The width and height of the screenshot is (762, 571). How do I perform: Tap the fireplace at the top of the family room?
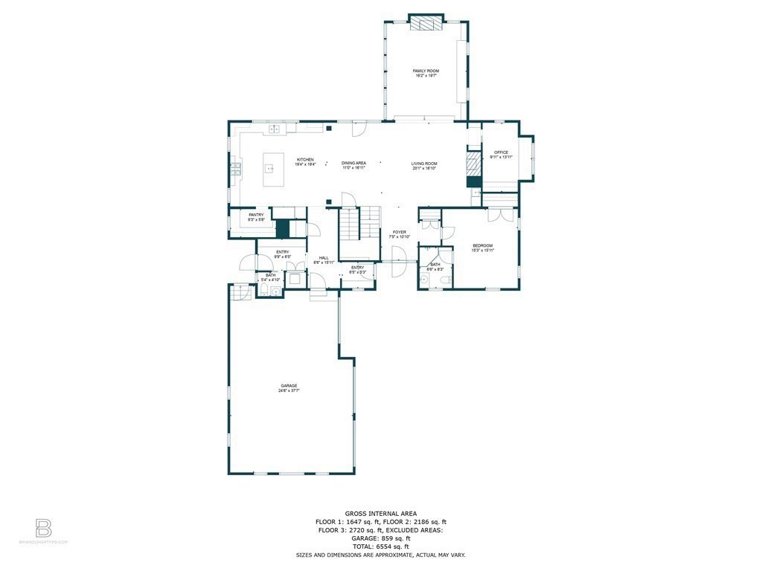(x=426, y=24)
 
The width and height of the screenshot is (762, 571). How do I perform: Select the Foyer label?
(x=400, y=233)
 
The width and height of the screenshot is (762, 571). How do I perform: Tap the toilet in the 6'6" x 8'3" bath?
(x=444, y=280)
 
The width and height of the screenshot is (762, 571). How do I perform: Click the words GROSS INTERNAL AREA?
(x=380, y=513)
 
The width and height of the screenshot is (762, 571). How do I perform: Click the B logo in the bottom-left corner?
(x=44, y=529)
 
